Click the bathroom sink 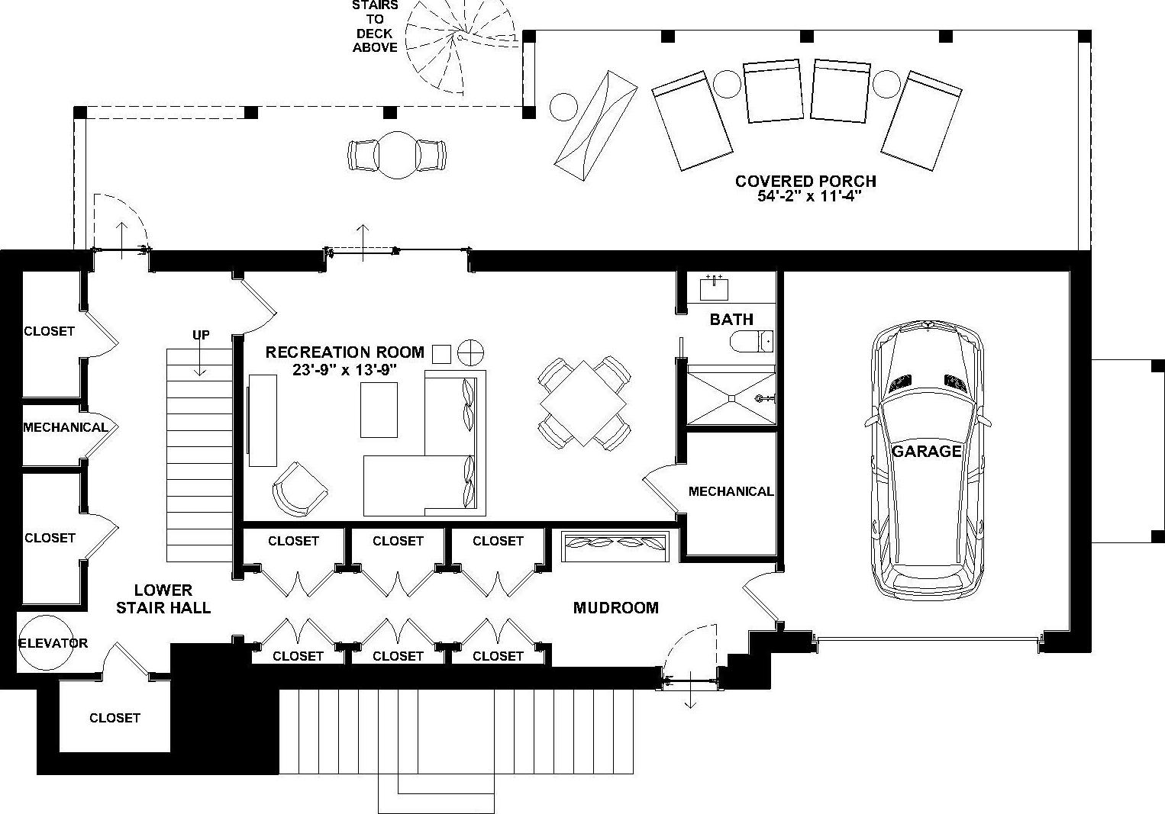714,288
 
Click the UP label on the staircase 201,335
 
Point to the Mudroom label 615,608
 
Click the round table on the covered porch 396,155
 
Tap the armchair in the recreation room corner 299,488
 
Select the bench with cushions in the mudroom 615,545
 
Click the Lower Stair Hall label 163,599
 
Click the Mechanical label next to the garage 731,491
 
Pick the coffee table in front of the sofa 379,410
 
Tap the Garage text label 927,451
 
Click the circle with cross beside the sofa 470,352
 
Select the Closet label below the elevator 115,718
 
